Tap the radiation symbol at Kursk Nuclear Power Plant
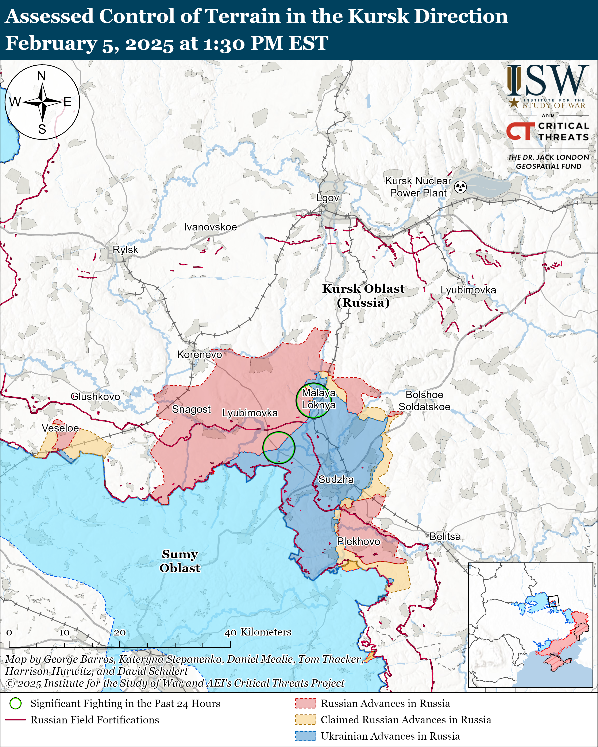click(460, 187)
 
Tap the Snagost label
click(191, 409)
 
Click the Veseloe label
click(60, 428)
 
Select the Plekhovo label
click(358, 541)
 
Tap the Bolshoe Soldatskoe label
click(424, 401)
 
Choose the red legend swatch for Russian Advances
click(305, 703)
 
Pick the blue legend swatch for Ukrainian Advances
click(305, 736)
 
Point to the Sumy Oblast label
click(180, 561)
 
